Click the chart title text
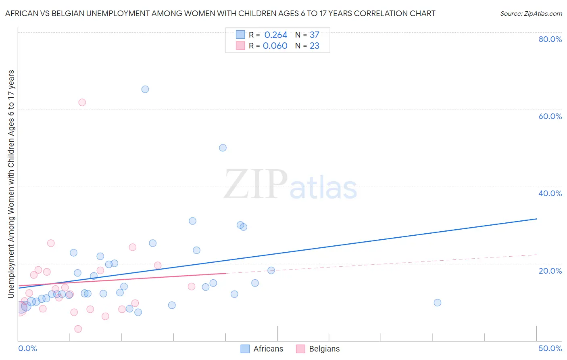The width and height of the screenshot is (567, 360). pos(220,13)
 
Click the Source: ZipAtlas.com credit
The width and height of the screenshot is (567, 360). pos(531,13)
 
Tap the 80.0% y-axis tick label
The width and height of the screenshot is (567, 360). pos(550,39)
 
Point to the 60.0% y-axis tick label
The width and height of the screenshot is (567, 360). pos(550,116)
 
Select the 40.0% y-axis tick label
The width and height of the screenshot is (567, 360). pos(550,193)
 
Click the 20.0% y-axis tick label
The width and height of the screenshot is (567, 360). pos(550,271)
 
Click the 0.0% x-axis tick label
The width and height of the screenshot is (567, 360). pos(27,348)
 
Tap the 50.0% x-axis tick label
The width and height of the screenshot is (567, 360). pos(550,348)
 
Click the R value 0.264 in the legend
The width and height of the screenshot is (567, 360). pos(276,35)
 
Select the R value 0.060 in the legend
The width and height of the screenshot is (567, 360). pos(275,46)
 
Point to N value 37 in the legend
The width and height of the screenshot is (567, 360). pos(315,35)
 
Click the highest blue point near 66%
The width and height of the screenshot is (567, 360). pos(145,89)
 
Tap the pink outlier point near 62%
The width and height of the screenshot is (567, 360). pos(82,103)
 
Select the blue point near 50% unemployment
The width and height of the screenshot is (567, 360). pos(223,148)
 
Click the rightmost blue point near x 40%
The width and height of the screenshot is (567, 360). pos(438,303)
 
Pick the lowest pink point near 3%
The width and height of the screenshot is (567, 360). pos(78,329)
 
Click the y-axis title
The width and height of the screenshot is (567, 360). pos(11,184)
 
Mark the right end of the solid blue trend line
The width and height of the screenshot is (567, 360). pos(536,219)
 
